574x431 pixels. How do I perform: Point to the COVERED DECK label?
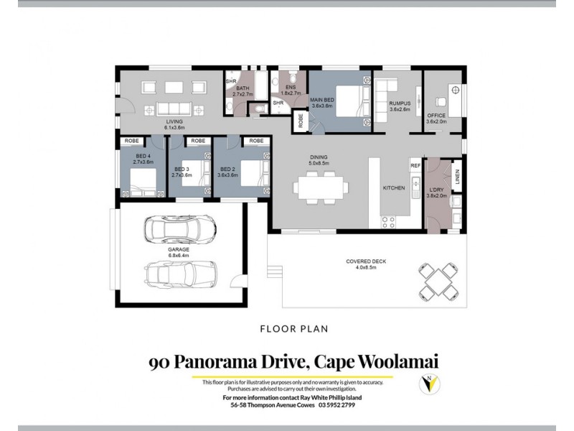pos(366,261)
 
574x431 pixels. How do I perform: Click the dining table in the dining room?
pos(321,188)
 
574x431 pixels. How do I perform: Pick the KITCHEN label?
pos(394,187)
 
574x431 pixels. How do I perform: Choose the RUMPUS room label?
pos(399,104)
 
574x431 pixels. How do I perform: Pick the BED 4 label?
pos(143,157)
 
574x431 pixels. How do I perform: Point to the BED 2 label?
pos(229,170)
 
